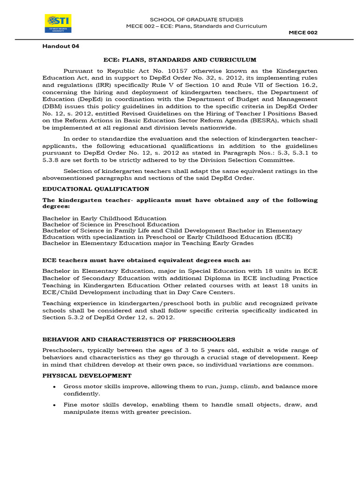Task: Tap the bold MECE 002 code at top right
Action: pos(303,32)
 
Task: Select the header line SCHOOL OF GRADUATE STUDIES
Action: pos(196,19)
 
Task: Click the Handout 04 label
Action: pos(58,46)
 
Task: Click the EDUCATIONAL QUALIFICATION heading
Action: pos(96,189)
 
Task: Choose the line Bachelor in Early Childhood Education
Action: pos(104,218)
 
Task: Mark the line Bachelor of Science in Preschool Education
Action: pos(111,225)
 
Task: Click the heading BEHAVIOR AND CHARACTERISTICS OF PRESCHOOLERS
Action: pos(139,339)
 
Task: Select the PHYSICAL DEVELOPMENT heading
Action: pos(87,375)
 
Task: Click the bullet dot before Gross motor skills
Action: pos(55,387)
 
